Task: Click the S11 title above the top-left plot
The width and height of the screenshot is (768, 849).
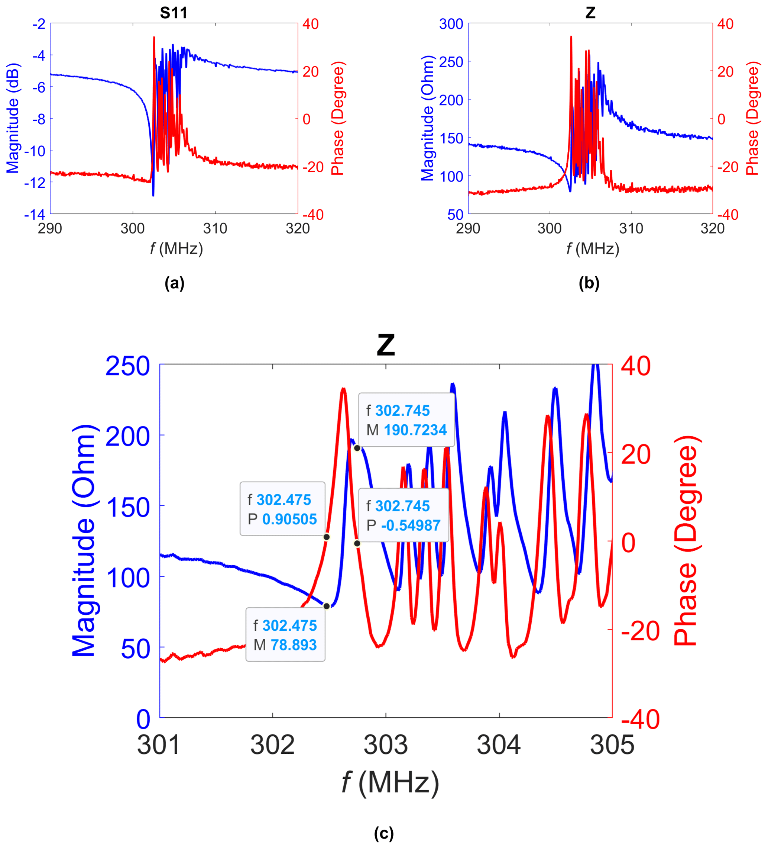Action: point(174,13)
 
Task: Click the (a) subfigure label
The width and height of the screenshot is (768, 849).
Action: point(174,283)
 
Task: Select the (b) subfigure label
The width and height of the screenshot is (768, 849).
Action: point(589,283)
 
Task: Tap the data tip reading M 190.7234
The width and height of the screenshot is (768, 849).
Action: point(406,420)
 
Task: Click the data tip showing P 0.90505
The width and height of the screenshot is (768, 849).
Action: point(282,509)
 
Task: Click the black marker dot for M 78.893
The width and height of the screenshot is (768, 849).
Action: point(327,607)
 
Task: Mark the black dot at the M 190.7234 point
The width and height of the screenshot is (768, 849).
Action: point(357,448)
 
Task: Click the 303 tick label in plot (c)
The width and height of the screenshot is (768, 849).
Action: point(385,745)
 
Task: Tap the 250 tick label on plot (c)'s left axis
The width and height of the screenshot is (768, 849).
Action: point(127,366)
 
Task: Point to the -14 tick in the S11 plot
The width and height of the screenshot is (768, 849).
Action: point(35,214)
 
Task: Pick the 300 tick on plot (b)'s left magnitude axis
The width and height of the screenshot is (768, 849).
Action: point(451,24)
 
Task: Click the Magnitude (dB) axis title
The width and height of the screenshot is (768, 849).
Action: point(13,118)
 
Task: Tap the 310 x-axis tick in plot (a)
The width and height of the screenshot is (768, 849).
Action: point(215,229)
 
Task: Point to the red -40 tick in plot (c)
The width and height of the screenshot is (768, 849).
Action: point(640,719)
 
